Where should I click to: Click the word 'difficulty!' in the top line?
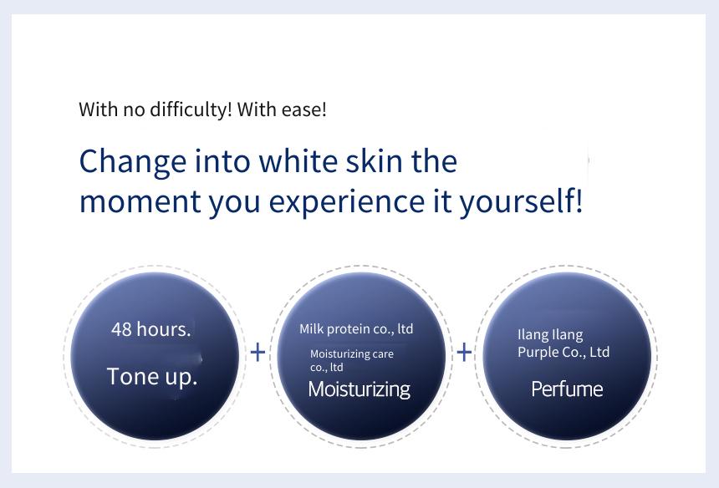tap(191, 110)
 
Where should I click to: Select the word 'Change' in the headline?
tap(133, 162)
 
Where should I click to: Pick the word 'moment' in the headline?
tap(140, 201)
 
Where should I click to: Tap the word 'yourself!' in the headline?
tap(522, 201)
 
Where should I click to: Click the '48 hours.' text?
tap(150, 329)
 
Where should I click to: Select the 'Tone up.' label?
tap(152, 377)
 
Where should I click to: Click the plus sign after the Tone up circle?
tap(258, 352)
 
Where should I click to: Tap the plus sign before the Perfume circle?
tap(464, 352)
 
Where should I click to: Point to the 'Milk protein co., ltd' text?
tap(356, 329)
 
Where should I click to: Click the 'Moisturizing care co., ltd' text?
tap(352, 361)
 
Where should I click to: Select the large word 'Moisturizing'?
tap(359, 389)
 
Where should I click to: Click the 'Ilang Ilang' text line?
tap(550, 334)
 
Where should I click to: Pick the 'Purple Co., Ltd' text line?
tap(563, 352)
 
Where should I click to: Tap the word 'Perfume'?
tap(567, 389)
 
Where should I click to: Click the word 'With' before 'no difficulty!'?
tap(98, 109)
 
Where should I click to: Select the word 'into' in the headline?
tap(222, 160)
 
